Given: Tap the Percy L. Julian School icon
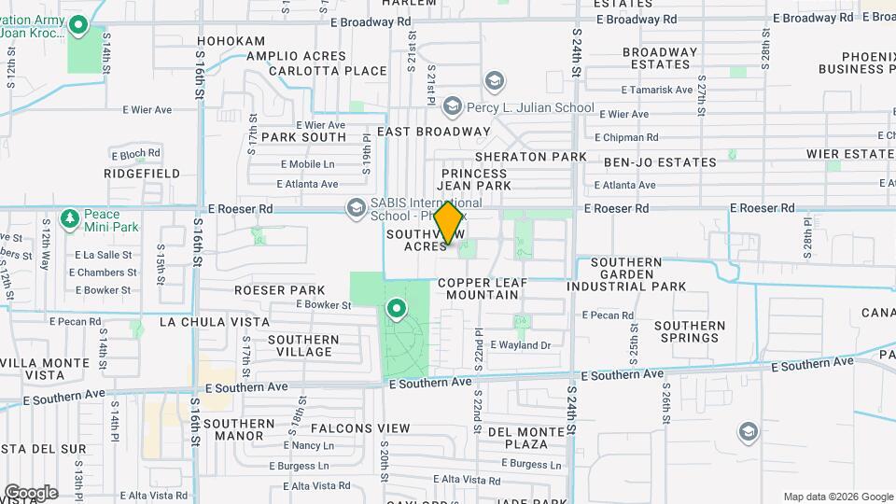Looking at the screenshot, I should [453, 106].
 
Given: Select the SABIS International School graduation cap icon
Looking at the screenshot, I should [356, 207].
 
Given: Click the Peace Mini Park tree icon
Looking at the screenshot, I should [69, 218].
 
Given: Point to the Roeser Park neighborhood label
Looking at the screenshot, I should [280, 290].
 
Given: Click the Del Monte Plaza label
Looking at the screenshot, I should [524, 438].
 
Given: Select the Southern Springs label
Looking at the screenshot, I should [689, 332].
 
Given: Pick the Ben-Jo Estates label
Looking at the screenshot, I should [660, 162].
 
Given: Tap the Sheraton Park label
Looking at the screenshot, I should [530, 157].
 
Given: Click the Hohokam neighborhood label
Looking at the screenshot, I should [231, 42].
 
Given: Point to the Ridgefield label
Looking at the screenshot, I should [142, 174].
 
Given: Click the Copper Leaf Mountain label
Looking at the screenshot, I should [478, 288].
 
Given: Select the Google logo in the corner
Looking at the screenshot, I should [31, 493].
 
